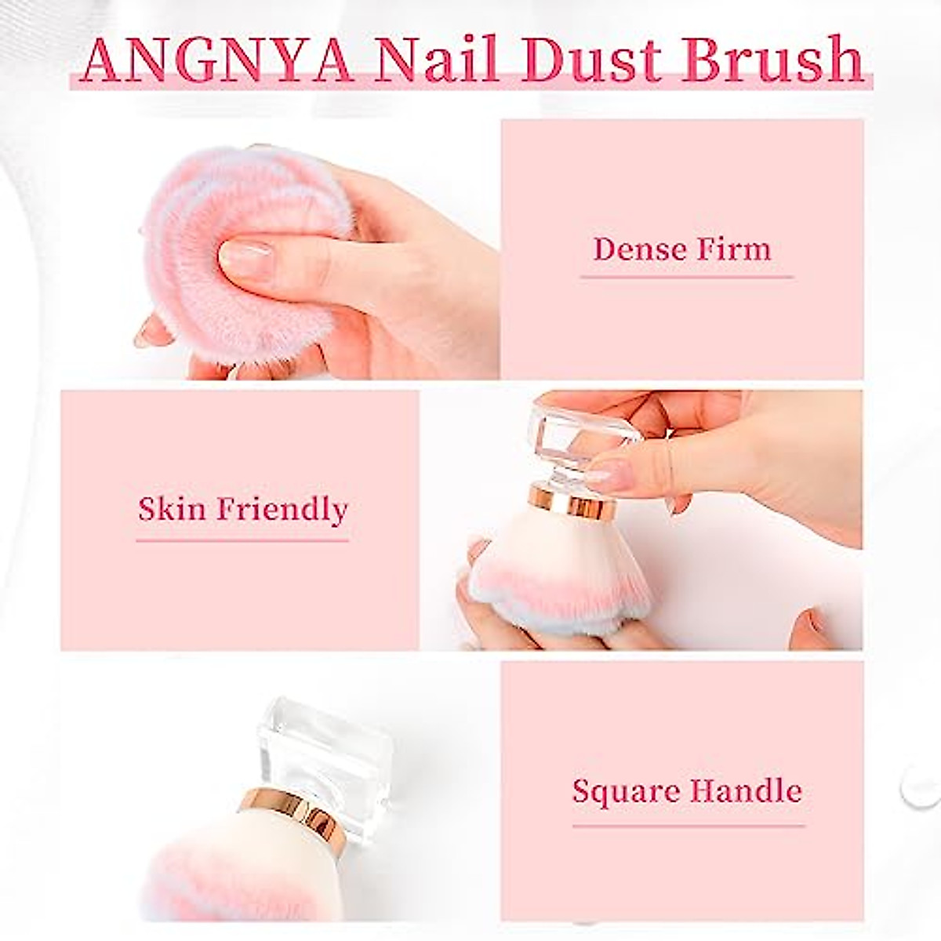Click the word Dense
pos(636,249)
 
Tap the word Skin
pos(171,510)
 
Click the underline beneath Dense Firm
pos(686,277)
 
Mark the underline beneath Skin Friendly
pos(242,540)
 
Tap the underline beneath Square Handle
pos(688,825)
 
